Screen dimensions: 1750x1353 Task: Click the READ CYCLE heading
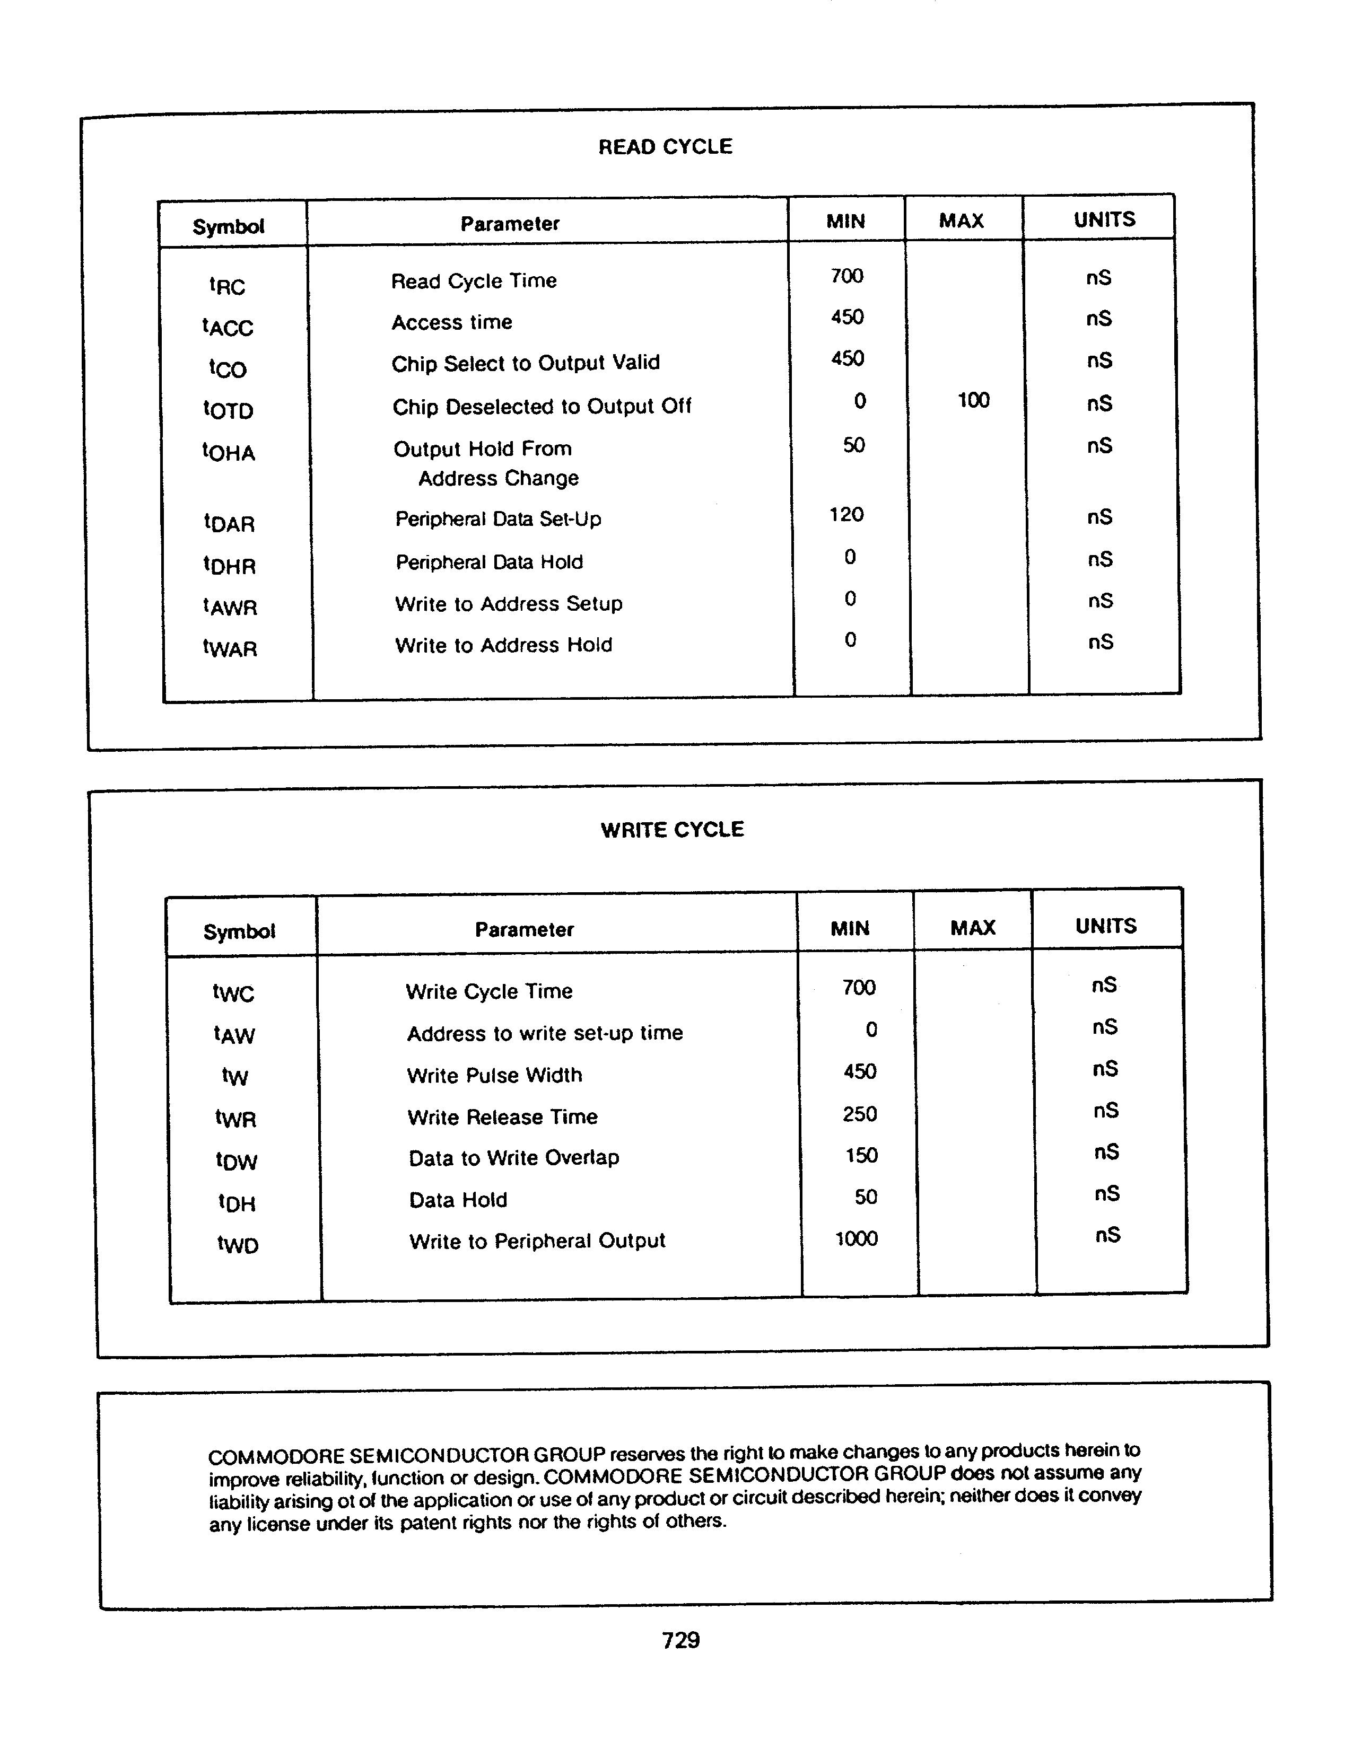coord(665,147)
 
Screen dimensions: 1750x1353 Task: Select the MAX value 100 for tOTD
coord(973,400)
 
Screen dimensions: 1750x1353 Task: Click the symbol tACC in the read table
coord(228,327)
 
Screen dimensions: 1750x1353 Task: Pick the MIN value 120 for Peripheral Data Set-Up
coord(846,514)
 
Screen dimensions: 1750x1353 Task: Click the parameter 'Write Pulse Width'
coord(494,1075)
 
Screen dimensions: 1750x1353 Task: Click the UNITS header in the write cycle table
coord(1105,926)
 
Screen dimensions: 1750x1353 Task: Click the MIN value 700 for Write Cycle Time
coord(859,987)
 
